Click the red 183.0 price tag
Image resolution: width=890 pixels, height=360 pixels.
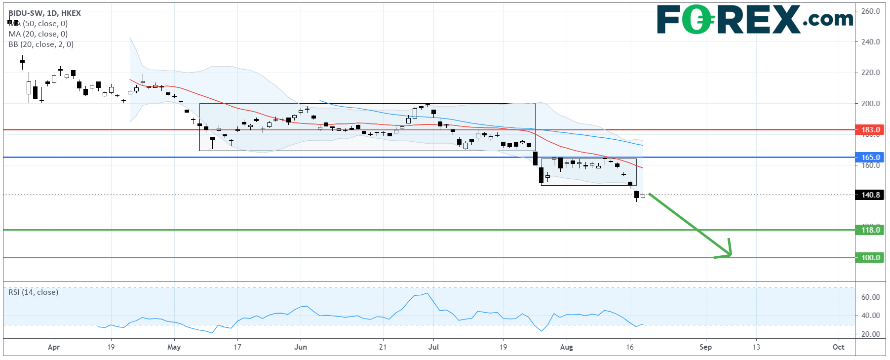[x=870, y=130]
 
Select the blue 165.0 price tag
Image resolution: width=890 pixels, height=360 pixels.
[x=870, y=158]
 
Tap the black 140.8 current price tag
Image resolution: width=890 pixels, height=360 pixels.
[x=870, y=195]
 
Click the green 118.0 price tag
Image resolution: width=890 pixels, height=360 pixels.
[x=870, y=230]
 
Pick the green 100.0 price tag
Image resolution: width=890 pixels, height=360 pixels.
[x=870, y=257]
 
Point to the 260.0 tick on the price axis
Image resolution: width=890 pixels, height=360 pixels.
[x=870, y=11]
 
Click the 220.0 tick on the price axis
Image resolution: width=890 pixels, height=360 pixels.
[x=870, y=73]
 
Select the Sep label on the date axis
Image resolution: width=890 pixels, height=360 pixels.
[x=705, y=347]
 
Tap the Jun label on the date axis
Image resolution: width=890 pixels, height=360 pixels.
[x=300, y=347]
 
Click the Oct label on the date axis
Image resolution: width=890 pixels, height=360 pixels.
[x=838, y=347]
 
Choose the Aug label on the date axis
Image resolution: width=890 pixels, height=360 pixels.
[x=566, y=347]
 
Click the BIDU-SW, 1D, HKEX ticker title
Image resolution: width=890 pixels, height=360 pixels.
[x=44, y=13]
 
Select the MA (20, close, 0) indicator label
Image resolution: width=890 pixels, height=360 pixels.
[x=38, y=34]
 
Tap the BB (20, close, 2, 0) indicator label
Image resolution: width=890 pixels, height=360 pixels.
[x=41, y=44]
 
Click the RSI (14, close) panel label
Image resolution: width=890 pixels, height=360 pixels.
[x=33, y=292]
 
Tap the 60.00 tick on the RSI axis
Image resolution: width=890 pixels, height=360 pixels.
[x=870, y=297]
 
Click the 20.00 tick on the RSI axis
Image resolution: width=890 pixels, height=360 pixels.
[x=870, y=334]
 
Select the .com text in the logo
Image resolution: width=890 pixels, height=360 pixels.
[x=828, y=20]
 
